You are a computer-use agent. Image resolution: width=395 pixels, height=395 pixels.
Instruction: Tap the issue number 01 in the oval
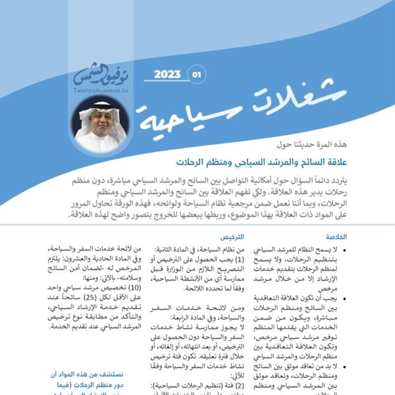click(196, 74)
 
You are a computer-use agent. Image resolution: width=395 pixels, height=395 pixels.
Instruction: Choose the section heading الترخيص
click(232, 236)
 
